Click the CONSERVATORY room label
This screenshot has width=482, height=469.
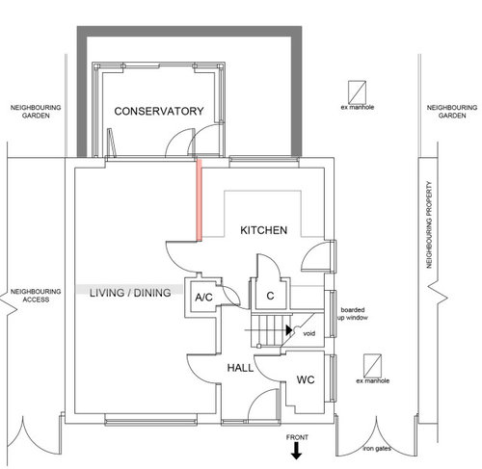(158, 112)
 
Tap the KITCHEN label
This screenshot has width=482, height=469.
(261, 231)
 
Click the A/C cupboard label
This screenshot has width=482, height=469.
(203, 298)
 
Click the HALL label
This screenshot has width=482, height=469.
(240, 369)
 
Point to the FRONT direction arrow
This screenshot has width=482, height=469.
(297, 451)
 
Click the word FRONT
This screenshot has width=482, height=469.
(297, 437)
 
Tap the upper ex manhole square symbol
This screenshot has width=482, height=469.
(358, 88)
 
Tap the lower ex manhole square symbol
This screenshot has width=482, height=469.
(371, 366)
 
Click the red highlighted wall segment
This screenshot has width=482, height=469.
(199, 200)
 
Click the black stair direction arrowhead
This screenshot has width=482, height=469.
(289, 327)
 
